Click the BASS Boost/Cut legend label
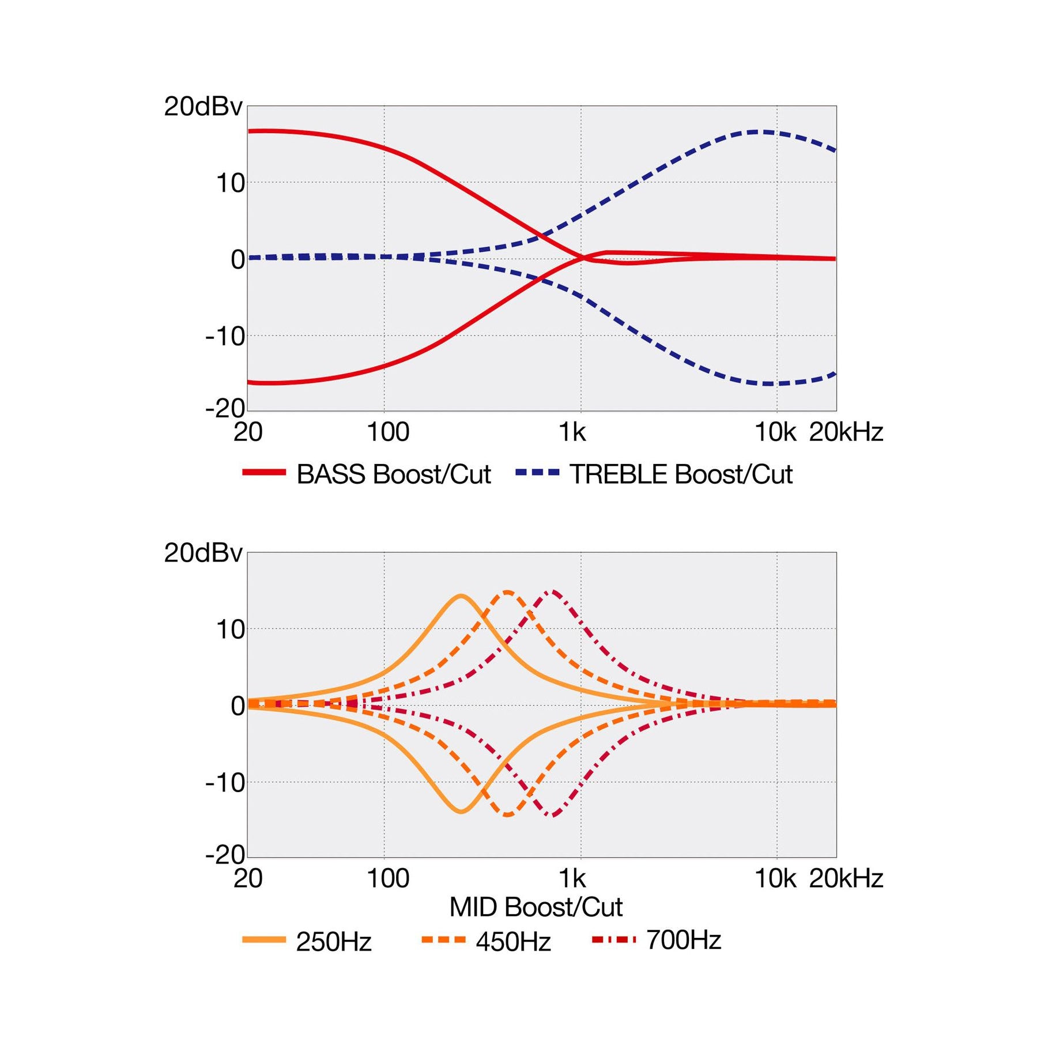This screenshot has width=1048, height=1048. pyautogui.click(x=393, y=474)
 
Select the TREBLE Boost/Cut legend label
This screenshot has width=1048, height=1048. pyautogui.click(x=681, y=474)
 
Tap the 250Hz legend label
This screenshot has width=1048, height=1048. pyautogui.click(x=333, y=942)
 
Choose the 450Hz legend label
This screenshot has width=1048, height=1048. pyautogui.click(x=513, y=942)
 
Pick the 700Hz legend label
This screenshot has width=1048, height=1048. pyautogui.click(x=684, y=940)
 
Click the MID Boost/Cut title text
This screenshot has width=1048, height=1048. pyautogui.click(x=536, y=907)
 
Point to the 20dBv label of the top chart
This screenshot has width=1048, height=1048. pyautogui.click(x=203, y=107)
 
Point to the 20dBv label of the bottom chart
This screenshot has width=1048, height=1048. pyautogui.click(x=203, y=553)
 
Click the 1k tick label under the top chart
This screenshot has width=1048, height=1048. pyautogui.click(x=572, y=432)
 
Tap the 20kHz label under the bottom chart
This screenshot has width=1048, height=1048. pyautogui.click(x=846, y=879)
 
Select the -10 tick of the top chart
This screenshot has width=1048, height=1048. pyautogui.click(x=225, y=336)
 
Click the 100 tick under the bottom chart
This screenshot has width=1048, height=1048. pyautogui.click(x=388, y=879)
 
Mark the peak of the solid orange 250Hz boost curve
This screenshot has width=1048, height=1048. pyautogui.click(x=461, y=595)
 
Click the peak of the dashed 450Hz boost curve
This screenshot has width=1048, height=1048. pyautogui.click(x=507, y=592)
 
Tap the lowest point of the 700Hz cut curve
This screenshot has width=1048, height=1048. pyautogui.click(x=553, y=815)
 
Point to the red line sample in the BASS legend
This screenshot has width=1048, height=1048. pyautogui.click(x=264, y=473)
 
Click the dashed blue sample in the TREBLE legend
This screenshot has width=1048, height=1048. pyautogui.click(x=537, y=473)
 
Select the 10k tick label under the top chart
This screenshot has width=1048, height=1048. pyautogui.click(x=775, y=432)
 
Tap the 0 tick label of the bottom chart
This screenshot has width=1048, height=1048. pyautogui.click(x=238, y=706)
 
